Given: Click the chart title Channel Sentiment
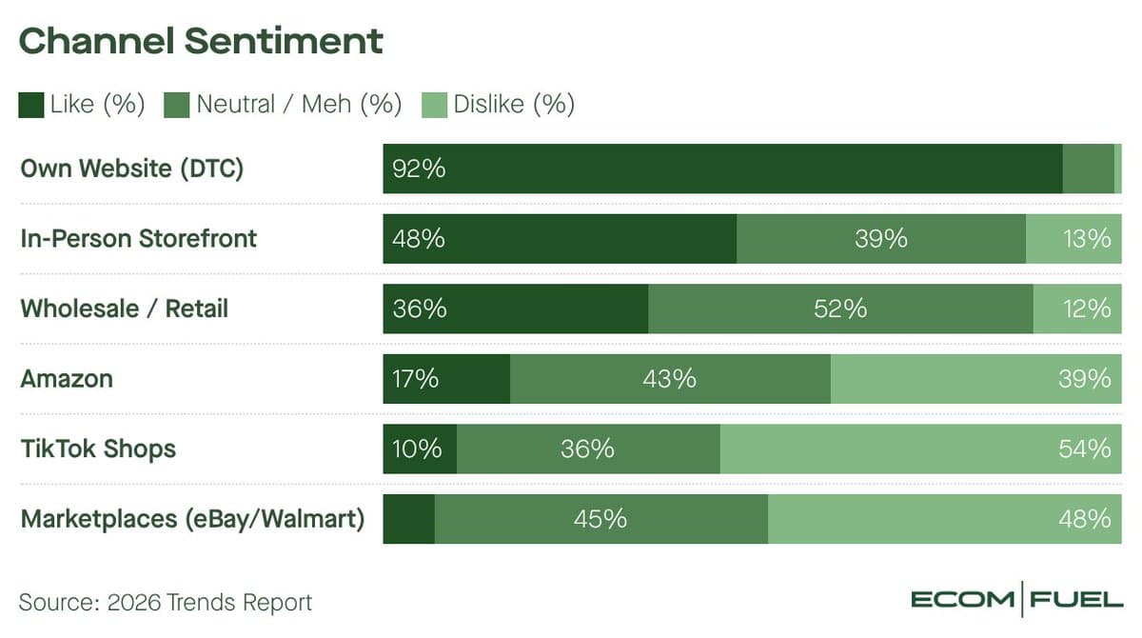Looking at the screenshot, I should pos(201,41).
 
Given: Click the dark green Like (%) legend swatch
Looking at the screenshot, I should pos(31,104).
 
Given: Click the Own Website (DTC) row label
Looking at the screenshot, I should pos(132,169).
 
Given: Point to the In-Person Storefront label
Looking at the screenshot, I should pos(139,238).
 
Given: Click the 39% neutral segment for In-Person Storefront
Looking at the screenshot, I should pos(880,239).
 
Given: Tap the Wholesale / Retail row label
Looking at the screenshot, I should pos(125,309).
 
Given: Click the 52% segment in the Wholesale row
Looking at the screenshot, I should pos(840,309).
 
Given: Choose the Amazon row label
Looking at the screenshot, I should pos(67,379).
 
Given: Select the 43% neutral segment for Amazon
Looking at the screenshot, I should pos(669,379).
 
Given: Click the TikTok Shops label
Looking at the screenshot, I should pos(98,449).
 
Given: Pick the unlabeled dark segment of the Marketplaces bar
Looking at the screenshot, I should pos(408,519).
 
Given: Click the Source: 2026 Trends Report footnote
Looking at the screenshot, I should pos(166,602).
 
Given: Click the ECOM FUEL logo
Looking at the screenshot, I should pos(1016,600).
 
